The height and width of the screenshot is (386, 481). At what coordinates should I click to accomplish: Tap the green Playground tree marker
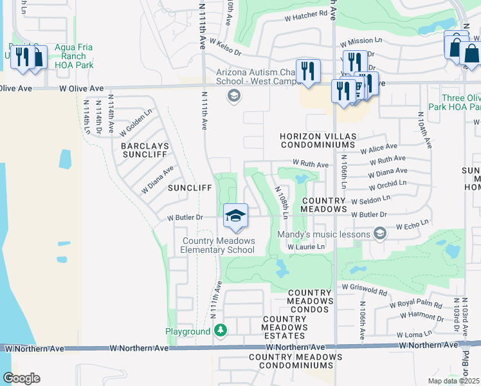point(221,331)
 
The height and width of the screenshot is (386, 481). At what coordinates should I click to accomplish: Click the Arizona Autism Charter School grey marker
point(233,96)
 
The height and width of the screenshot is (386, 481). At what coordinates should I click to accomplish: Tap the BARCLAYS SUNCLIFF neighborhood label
point(145,151)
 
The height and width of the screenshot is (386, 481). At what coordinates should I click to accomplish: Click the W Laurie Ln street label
point(305,246)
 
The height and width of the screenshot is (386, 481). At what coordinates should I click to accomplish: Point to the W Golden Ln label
point(135,121)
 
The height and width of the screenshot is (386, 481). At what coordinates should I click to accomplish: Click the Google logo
point(22,378)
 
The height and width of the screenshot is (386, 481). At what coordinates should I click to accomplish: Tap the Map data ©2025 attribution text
point(453,381)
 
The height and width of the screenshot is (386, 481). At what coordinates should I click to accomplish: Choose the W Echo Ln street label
point(412,226)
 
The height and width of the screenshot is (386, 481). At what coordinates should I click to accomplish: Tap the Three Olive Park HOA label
point(458,103)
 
